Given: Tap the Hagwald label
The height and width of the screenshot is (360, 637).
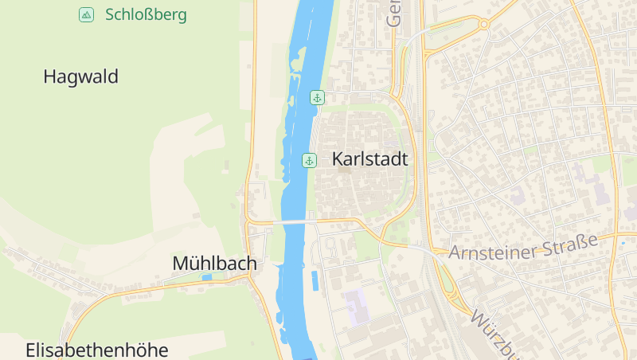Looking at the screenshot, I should pyautogui.click(x=80, y=76).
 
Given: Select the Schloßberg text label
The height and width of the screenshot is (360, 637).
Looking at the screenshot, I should pyautogui.click(x=146, y=14).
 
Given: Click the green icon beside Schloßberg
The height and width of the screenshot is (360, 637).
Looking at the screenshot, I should pyautogui.click(x=86, y=14).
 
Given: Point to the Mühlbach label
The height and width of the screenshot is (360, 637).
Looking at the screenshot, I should pyautogui.click(x=214, y=263).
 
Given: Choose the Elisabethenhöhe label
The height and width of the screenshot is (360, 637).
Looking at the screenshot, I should pyautogui.click(x=97, y=350).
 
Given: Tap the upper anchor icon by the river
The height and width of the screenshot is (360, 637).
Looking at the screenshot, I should pyautogui.click(x=317, y=98).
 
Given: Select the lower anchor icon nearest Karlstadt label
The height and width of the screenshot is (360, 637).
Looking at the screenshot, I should pyautogui.click(x=309, y=161).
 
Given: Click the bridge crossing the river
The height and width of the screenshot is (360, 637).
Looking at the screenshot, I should pyautogui.click(x=291, y=221).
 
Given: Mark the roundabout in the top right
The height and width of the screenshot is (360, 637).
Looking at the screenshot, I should pyautogui.click(x=483, y=24).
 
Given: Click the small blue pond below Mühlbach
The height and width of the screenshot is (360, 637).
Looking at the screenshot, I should pyautogui.click(x=207, y=277).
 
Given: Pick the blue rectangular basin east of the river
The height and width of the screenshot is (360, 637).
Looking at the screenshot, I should pyautogui.click(x=315, y=280).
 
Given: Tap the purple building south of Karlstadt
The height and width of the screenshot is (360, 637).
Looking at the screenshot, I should pyautogui.click(x=357, y=306).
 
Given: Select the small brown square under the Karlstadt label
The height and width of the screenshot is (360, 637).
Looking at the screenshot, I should pyautogui.click(x=344, y=170).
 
